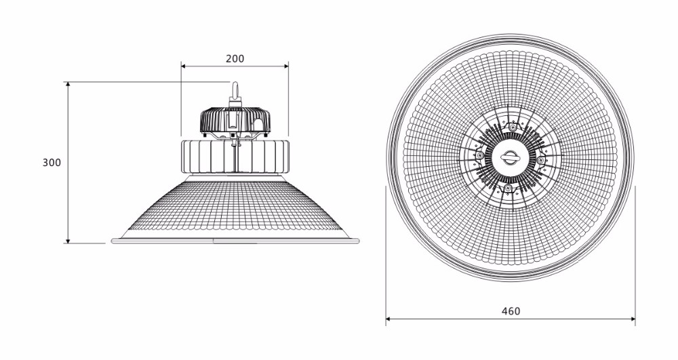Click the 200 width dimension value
pyautogui.click(x=235, y=58)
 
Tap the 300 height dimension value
pyautogui.click(x=52, y=163)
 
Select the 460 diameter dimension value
pyautogui.click(x=511, y=311)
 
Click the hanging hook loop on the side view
pyautogui.click(x=235, y=90)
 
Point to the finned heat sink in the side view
pyautogui.click(x=235, y=119)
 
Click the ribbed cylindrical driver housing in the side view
pyautogui.click(x=235, y=156)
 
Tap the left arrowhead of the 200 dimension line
pyautogui.click(x=183, y=66)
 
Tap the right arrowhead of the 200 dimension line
pyautogui.click(x=286, y=66)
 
